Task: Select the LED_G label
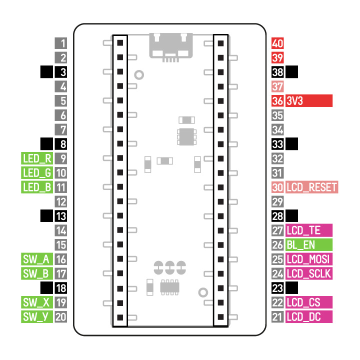(x=37, y=173)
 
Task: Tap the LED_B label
(x=37, y=188)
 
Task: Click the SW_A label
(x=37, y=259)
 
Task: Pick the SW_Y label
(x=37, y=316)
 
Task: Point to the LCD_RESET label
(x=311, y=188)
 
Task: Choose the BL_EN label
(x=308, y=245)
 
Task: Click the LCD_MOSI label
(x=308, y=259)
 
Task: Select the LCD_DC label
(x=308, y=316)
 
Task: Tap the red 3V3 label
(x=308, y=101)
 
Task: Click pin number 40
(x=277, y=43)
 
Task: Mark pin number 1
(x=61, y=43)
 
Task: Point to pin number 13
(x=61, y=216)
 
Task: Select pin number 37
(x=277, y=86)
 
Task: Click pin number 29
(x=277, y=202)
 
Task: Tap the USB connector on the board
(x=170, y=46)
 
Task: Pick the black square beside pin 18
(x=47, y=288)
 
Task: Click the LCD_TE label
(x=308, y=231)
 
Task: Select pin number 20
(x=61, y=316)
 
